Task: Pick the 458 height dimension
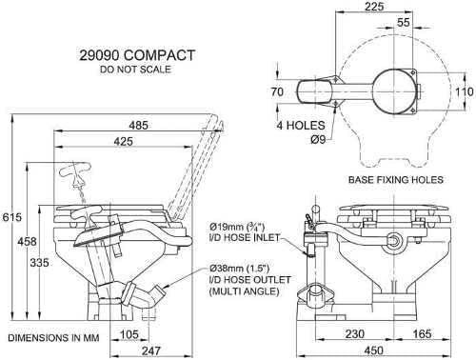30,243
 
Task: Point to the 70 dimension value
278,93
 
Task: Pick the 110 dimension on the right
463,92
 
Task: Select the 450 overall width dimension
386,352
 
